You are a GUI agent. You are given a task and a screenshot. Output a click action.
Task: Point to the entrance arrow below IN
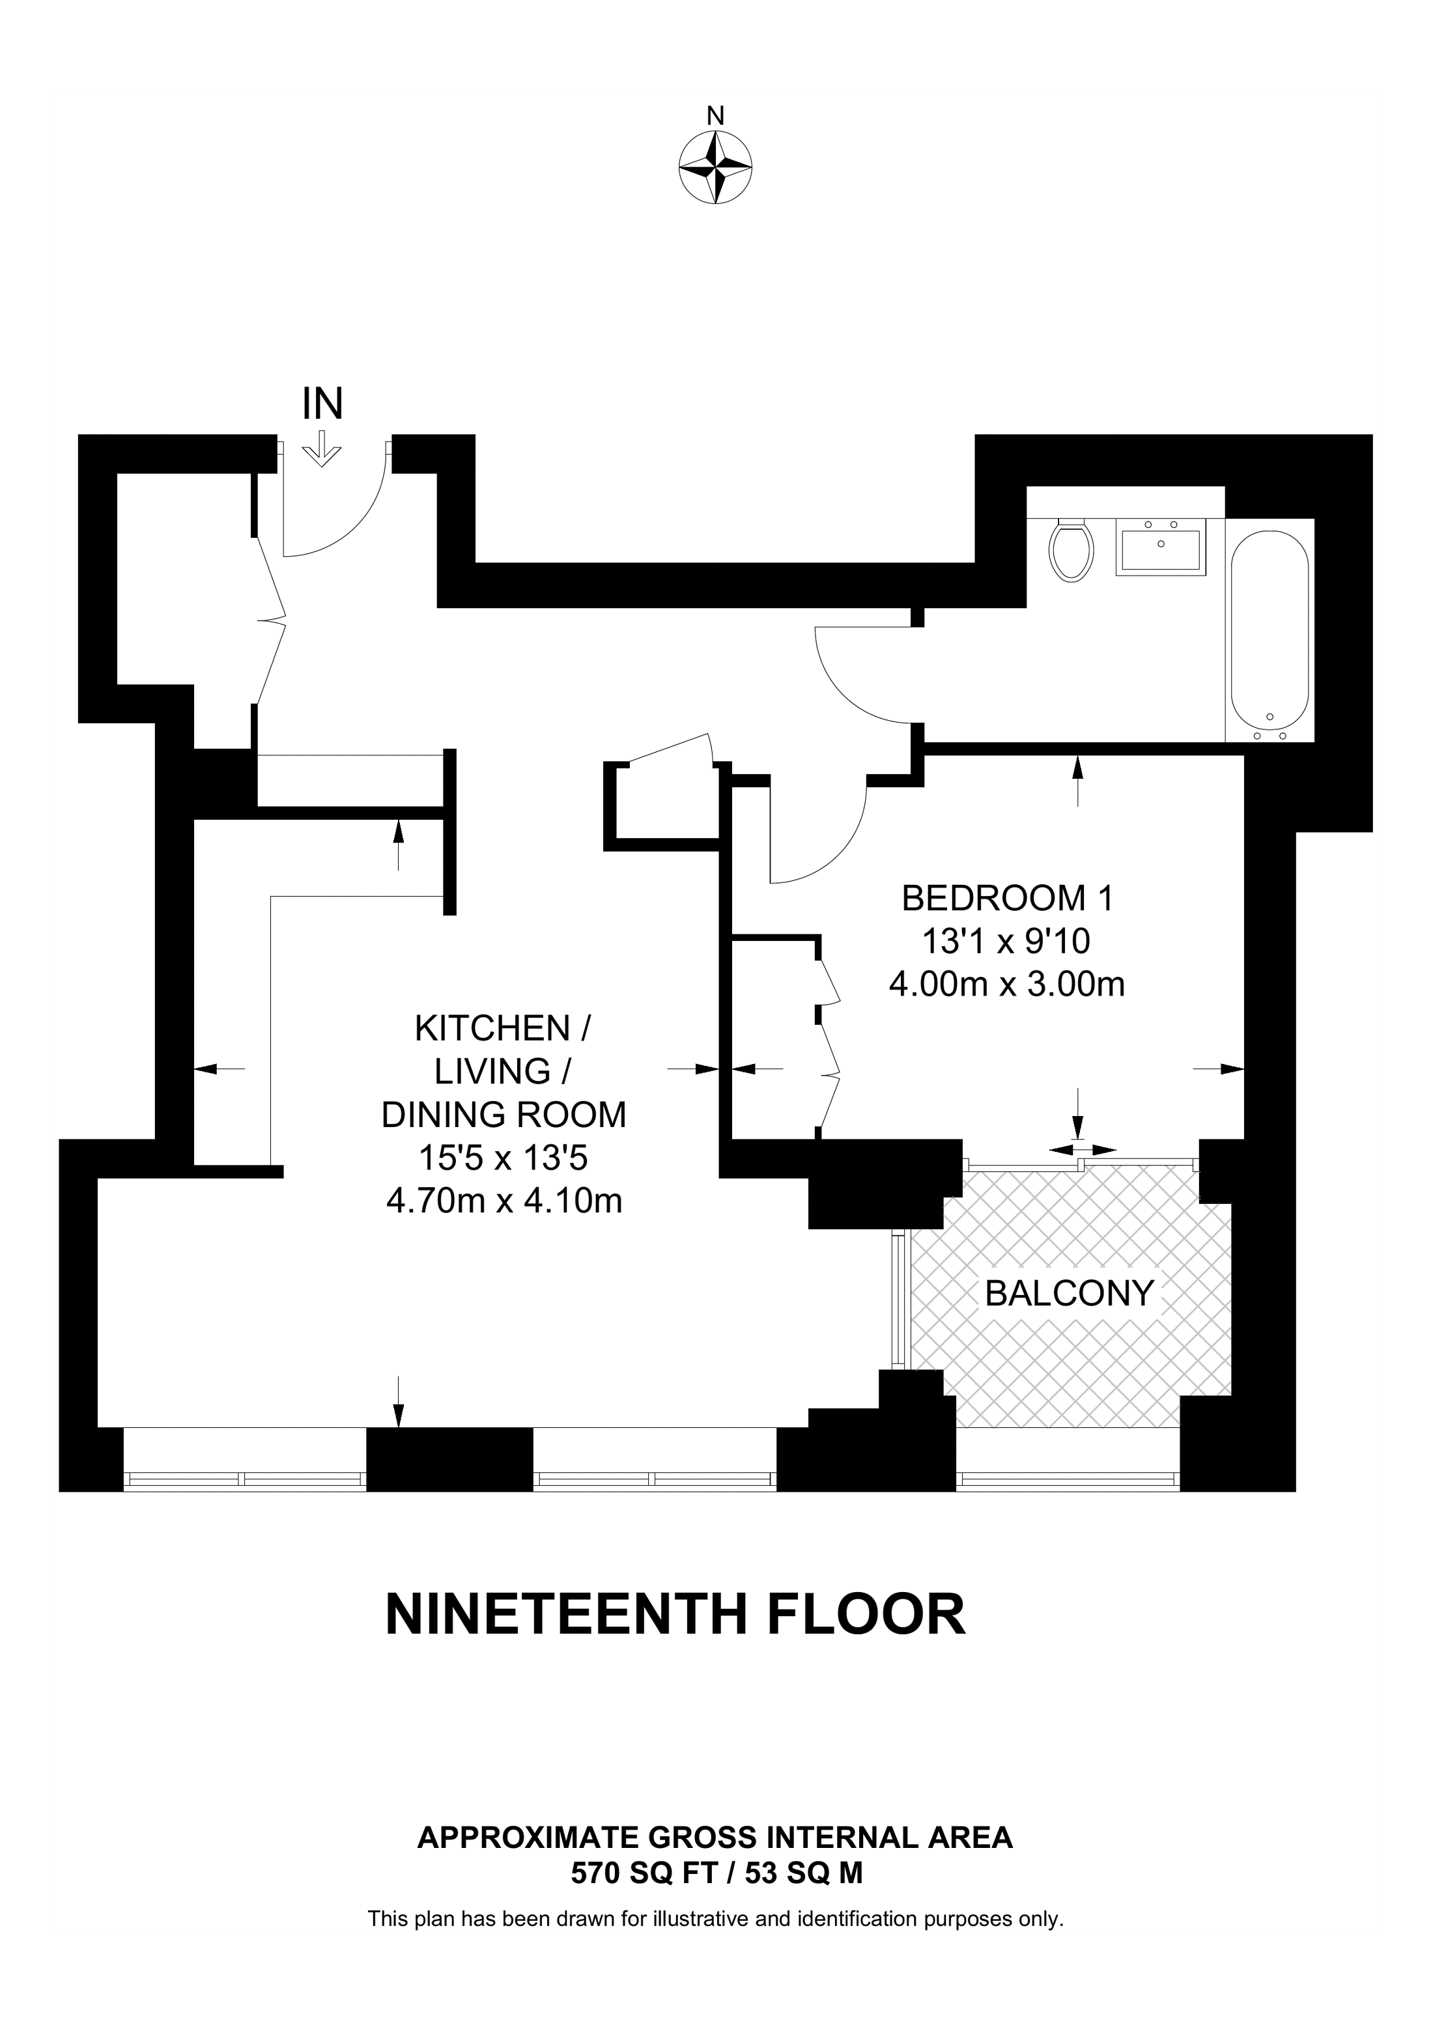tap(322, 449)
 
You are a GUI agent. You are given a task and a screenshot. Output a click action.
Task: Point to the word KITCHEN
tap(494, 1029)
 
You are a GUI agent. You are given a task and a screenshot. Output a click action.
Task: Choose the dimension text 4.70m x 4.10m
tap(504, 1201)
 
